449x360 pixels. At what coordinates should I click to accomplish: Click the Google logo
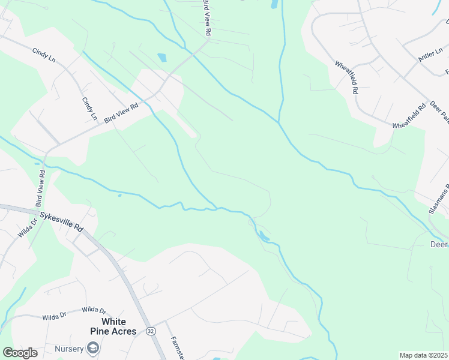pos(20,353)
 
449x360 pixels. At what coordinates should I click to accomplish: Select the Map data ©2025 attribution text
pos(424,355)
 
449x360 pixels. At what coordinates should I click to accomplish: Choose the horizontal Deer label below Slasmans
pos(439,244)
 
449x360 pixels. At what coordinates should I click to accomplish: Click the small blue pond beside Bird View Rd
pos(161,58)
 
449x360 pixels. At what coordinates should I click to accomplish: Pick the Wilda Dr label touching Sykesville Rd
pos(26,227)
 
